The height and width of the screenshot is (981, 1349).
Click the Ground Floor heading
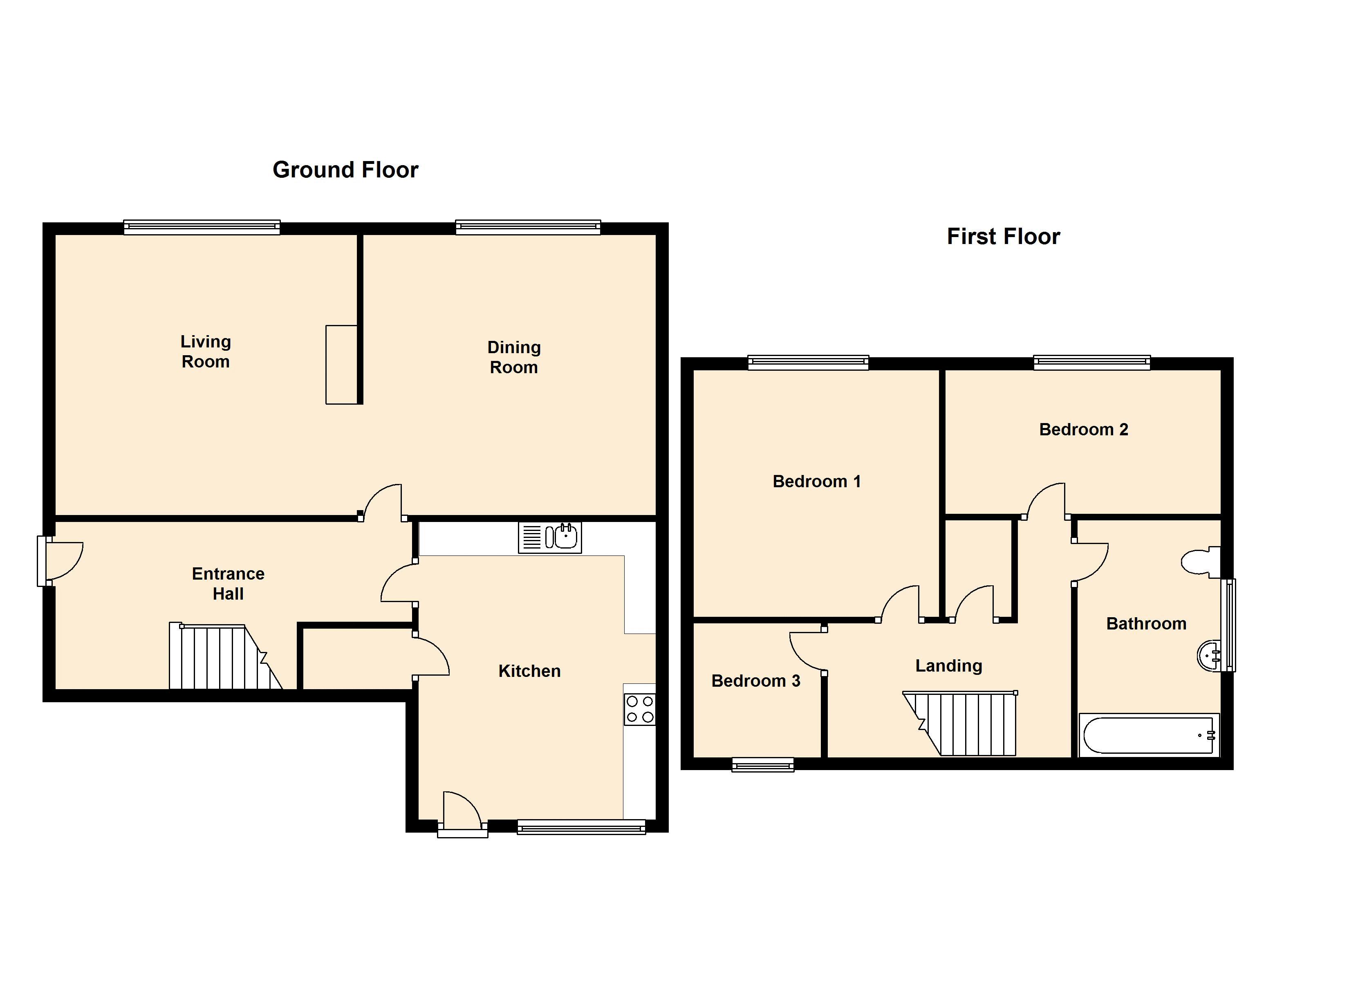pos(345,170)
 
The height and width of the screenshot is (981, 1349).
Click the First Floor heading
pos(1004,237)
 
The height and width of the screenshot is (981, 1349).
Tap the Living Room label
pos(206,352)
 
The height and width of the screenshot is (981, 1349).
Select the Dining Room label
pos(514,358)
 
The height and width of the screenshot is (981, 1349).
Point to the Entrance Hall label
pos(229,584)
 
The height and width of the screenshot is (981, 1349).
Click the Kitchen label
pos(529,671)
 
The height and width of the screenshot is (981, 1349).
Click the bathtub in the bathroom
pos(1149,735)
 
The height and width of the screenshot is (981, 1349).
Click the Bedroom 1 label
pos(817,481)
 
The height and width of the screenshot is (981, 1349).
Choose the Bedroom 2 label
pos(1084,430)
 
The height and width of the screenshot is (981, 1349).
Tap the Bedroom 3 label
pos(756,681)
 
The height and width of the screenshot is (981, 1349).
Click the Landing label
pos(949,666)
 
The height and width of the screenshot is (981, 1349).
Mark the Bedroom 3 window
pos(763,764)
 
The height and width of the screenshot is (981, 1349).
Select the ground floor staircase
pos(225,656)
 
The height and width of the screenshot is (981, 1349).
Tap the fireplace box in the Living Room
pos(341,365)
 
